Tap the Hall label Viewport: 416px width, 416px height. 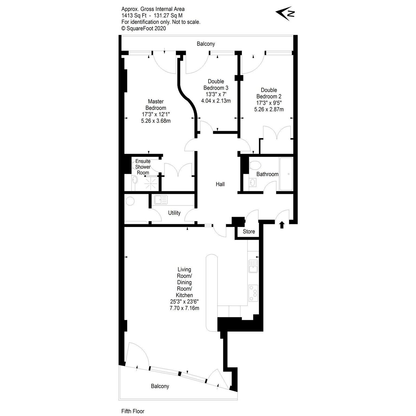[220, 184]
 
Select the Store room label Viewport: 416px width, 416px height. [249, 232]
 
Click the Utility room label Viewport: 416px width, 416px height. [174, 213]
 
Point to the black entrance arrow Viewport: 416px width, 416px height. [282, 225]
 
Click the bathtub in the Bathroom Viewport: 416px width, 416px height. [286, 174]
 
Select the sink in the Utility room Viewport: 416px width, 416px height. [161, 200]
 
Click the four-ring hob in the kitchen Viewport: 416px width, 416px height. [253, 293]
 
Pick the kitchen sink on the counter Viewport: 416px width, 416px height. [253, 266]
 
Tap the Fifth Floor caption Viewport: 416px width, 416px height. [133, 411]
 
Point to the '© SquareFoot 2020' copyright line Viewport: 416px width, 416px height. [144, 28]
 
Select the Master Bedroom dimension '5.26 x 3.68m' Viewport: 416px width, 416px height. [156, 121]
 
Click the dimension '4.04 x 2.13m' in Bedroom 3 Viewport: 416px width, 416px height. [216, 101]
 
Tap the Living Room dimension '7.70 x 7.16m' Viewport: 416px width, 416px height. [184, 308]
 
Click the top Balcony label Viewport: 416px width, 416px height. [206, 44]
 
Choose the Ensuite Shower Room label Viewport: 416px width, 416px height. [143, 167]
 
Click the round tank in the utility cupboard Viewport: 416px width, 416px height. [130, 201]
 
